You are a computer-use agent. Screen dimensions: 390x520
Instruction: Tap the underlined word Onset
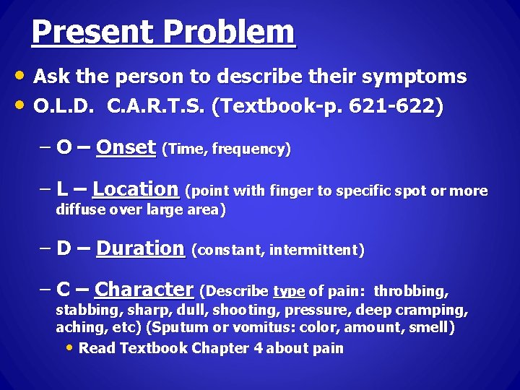(126, 148)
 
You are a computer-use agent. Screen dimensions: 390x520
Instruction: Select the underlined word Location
(136, 190)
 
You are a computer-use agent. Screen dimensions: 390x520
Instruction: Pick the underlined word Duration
(140, 249)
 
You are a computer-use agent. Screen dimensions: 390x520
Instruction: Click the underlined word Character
(144, 290)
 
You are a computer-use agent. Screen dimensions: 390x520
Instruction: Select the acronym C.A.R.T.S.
(155, 107)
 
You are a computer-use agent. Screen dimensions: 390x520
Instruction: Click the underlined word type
(289, 292)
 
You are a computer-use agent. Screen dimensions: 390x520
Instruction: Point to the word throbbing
(411, 292)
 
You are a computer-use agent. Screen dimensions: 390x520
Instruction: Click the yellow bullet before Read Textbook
(69, 347)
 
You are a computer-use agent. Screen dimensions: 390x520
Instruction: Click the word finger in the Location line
(288, 192)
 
